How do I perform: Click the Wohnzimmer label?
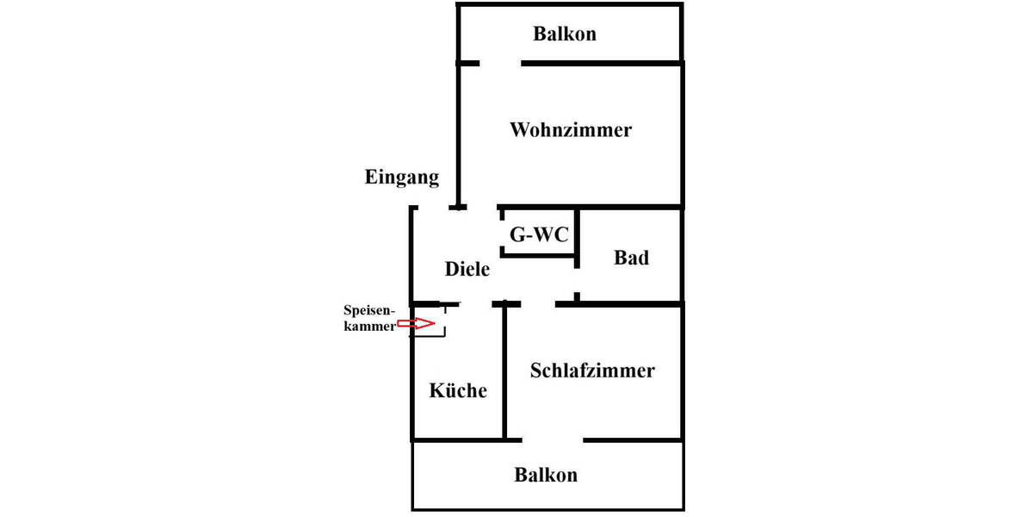coord(571,130)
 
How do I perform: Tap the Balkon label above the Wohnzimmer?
coord(565,34)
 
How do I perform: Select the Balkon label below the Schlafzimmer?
coord(546,475)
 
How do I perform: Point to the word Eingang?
coord(401,178)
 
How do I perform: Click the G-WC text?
coord(539,234)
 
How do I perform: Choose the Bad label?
coord(631,258)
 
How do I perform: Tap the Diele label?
coord(467,269)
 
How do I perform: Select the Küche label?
coord(458,390)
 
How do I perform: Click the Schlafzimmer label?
coord(592,371)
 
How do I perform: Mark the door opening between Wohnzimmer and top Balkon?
coord(500,63)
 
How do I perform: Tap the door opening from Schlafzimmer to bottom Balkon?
coord(553,440)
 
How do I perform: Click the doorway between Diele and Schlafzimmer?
coord(538,303)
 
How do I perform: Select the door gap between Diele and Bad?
coord(577,281)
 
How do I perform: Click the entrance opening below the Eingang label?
coord(433,208)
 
